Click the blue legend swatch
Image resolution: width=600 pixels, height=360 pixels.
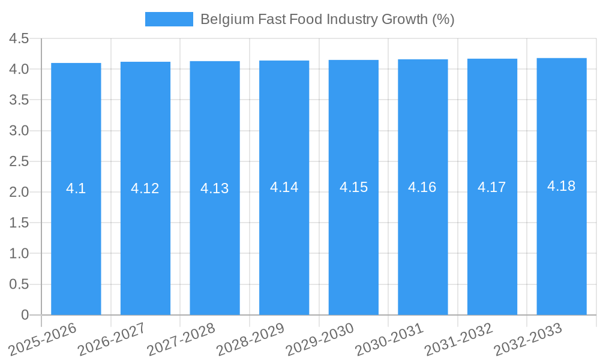point(169,19)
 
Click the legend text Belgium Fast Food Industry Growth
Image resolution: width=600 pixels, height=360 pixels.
point(327,19)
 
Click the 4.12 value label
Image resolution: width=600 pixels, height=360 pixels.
point(145,188)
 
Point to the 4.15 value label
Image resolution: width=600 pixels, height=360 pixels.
point(353,187)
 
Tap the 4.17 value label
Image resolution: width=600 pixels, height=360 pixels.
point(492,187)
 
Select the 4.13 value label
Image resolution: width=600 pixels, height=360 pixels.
point(215,188)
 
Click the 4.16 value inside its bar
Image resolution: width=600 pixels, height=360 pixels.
point(422,187)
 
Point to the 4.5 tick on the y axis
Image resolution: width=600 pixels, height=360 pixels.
point(19,38)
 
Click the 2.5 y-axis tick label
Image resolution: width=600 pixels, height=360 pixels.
point(19,161)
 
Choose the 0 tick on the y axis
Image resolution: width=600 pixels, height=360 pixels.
point(25,314)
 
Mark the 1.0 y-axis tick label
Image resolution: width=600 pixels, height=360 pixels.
point(19,253)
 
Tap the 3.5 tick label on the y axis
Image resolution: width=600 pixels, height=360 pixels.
point(19,100)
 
